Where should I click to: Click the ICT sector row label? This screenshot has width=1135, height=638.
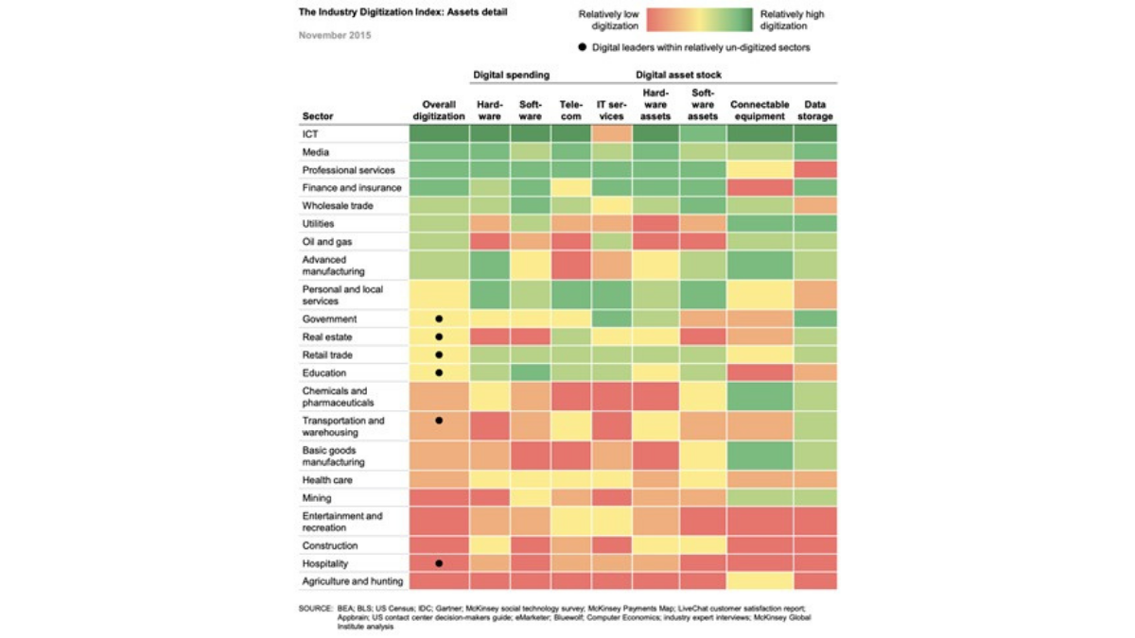click(310, 134)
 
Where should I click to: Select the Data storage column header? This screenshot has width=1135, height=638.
click(814, 111)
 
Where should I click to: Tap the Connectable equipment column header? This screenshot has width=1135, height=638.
click(760, 111)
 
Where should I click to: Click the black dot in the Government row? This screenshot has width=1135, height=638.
click(439, 319)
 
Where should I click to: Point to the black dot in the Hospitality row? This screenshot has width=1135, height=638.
click(439, 563)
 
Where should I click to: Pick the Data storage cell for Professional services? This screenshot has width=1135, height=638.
click(814, 170)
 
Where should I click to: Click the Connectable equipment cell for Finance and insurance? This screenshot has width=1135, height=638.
click(760, 188)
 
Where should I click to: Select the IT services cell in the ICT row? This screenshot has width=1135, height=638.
click(611, 134)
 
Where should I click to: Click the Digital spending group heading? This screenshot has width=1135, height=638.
click(511, 74)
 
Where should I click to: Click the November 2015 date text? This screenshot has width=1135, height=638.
click(335, 36)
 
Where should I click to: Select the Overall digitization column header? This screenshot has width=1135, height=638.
click(439, 111)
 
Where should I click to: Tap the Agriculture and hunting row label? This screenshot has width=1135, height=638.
click(352, 581)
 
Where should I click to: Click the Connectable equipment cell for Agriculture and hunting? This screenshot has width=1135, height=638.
click(760, 581)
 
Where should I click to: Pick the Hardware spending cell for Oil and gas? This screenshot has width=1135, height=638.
click(489, 242)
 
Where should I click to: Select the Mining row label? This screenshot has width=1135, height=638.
click(317, 498)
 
